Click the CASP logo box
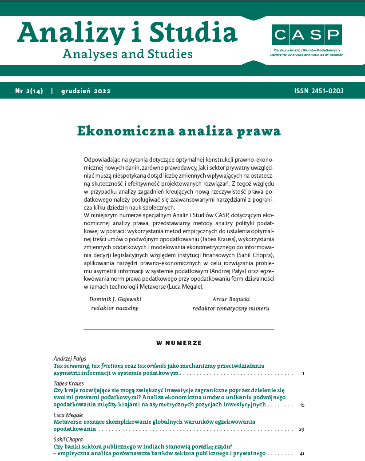(x=307, y=35)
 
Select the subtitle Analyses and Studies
(x=128, y=54)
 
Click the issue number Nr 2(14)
(x=29, y=91)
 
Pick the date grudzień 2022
(x=86, y=91)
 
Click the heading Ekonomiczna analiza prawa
(x=179, y=131)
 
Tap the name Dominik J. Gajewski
(x=115, y=299)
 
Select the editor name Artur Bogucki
(x=230, y=299)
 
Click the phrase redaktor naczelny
(x=115, y=308)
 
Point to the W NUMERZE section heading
(x=179, y=343)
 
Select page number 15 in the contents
(x=302, y=405)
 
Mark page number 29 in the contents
(x=302, y=429)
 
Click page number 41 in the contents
(x=302, y=454)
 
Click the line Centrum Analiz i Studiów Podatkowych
(x=307, y=50)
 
